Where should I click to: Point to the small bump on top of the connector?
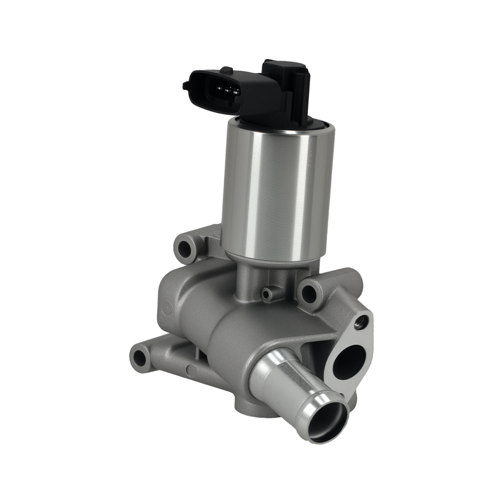[x=227, y=70]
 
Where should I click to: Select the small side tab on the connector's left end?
[x=186, y=86]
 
